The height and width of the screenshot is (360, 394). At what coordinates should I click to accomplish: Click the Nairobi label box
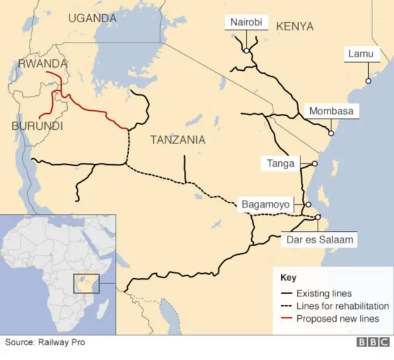246,23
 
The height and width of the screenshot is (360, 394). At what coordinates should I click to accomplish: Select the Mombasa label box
331,111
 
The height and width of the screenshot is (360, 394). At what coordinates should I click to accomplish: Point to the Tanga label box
280,163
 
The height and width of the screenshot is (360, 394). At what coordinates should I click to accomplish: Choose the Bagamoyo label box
265,204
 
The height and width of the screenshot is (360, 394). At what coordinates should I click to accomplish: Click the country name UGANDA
92,18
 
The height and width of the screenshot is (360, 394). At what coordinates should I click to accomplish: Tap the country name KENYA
295,26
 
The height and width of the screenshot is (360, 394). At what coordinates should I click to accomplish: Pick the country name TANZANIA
178,140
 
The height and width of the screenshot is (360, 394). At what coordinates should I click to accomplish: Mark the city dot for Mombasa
331,133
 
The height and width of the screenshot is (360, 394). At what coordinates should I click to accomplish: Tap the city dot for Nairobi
246,50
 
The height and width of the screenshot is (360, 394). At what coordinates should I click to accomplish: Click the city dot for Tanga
315,164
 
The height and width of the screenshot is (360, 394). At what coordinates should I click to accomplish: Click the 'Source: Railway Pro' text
47,342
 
